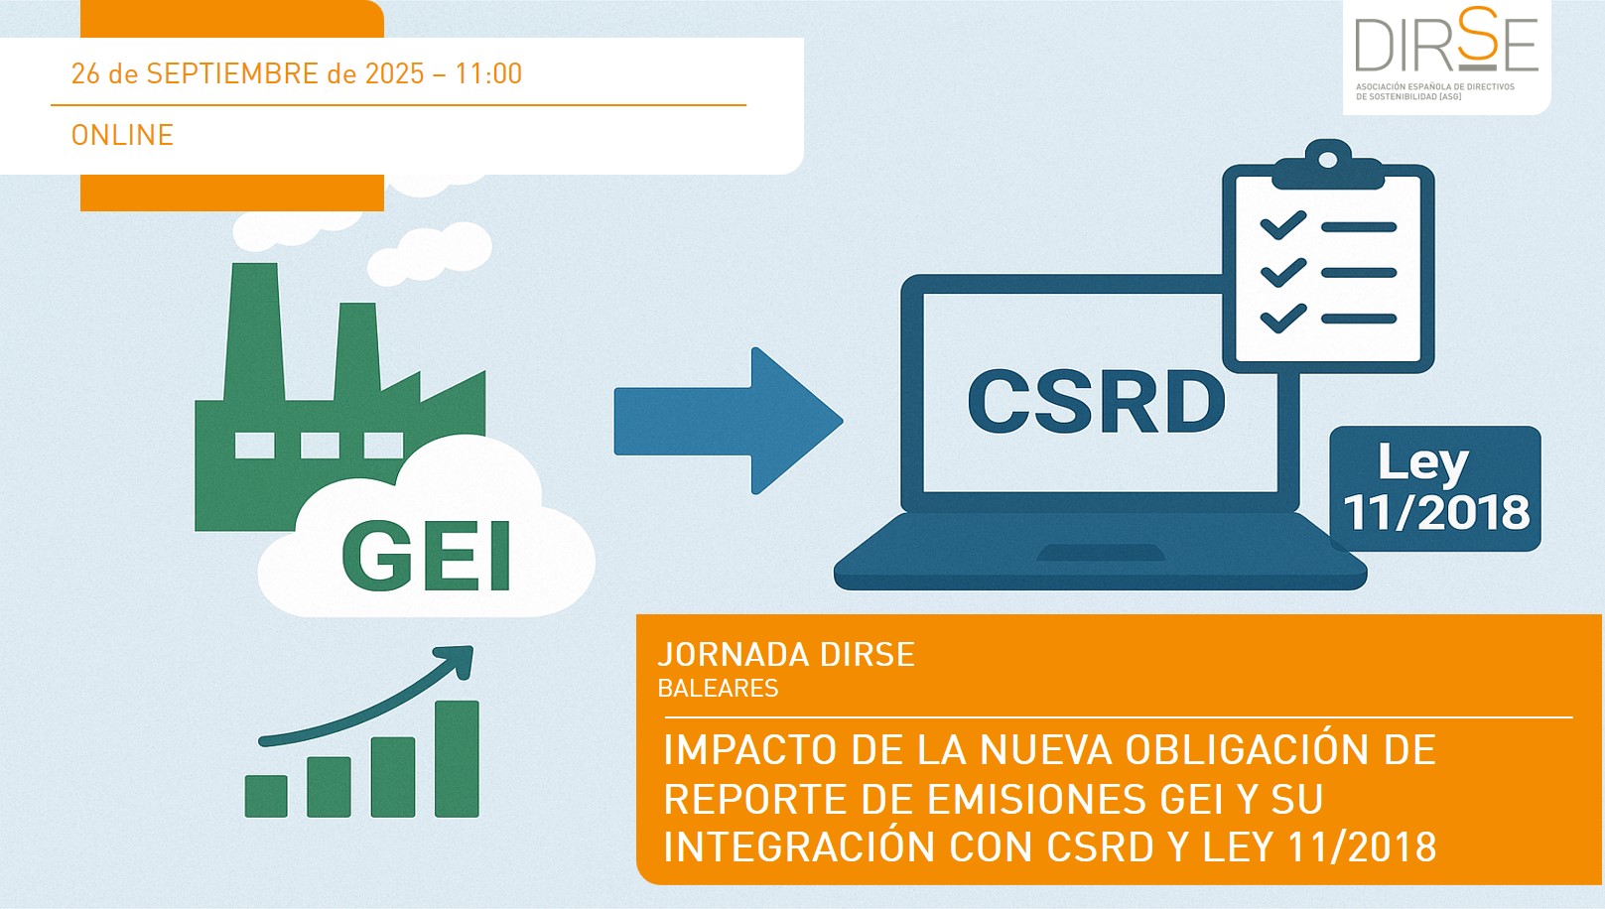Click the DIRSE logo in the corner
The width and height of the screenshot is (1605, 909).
pyautogui.click(x=1446, y=54)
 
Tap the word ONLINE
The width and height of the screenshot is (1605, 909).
pyautogui.click(x=122, y=135)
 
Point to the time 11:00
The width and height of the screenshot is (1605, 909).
pyautogui.click(x=488, y=73)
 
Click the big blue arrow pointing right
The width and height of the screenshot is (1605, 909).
pyautogui.click(x=728, y=421)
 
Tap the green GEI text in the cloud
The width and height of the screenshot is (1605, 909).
pyautogui.click(x=427, y=557)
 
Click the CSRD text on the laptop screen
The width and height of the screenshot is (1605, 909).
pyautogui.click(x=1096, y=402)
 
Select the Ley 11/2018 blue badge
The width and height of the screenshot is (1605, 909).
pyautogui.click(x=1435, y=488)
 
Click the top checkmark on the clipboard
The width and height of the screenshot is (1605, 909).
pyautogui.click(x=1283, y=225)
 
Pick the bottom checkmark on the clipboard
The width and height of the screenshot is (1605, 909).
pyautogui.click(x=1283, y=318)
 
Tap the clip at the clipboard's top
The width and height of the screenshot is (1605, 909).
pyautogui.click(x=1328, y=164)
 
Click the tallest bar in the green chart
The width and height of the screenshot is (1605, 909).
pyautogui.click(x=457, y=758)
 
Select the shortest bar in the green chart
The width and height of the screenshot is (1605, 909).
pyautogui.click(x=266, y=796)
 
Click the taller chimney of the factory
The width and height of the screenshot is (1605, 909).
pyautogui.click(x=254, y=331)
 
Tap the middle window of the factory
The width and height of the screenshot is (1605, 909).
pyautogui.click(x=320, y=445)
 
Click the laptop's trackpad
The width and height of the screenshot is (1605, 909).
pyautogui.click(x=1101, y=553)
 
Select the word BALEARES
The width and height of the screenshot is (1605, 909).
pyautogui.click(x=718, y=689)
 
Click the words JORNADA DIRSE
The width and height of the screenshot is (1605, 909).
pyautogui.click(x=786, y=655)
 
